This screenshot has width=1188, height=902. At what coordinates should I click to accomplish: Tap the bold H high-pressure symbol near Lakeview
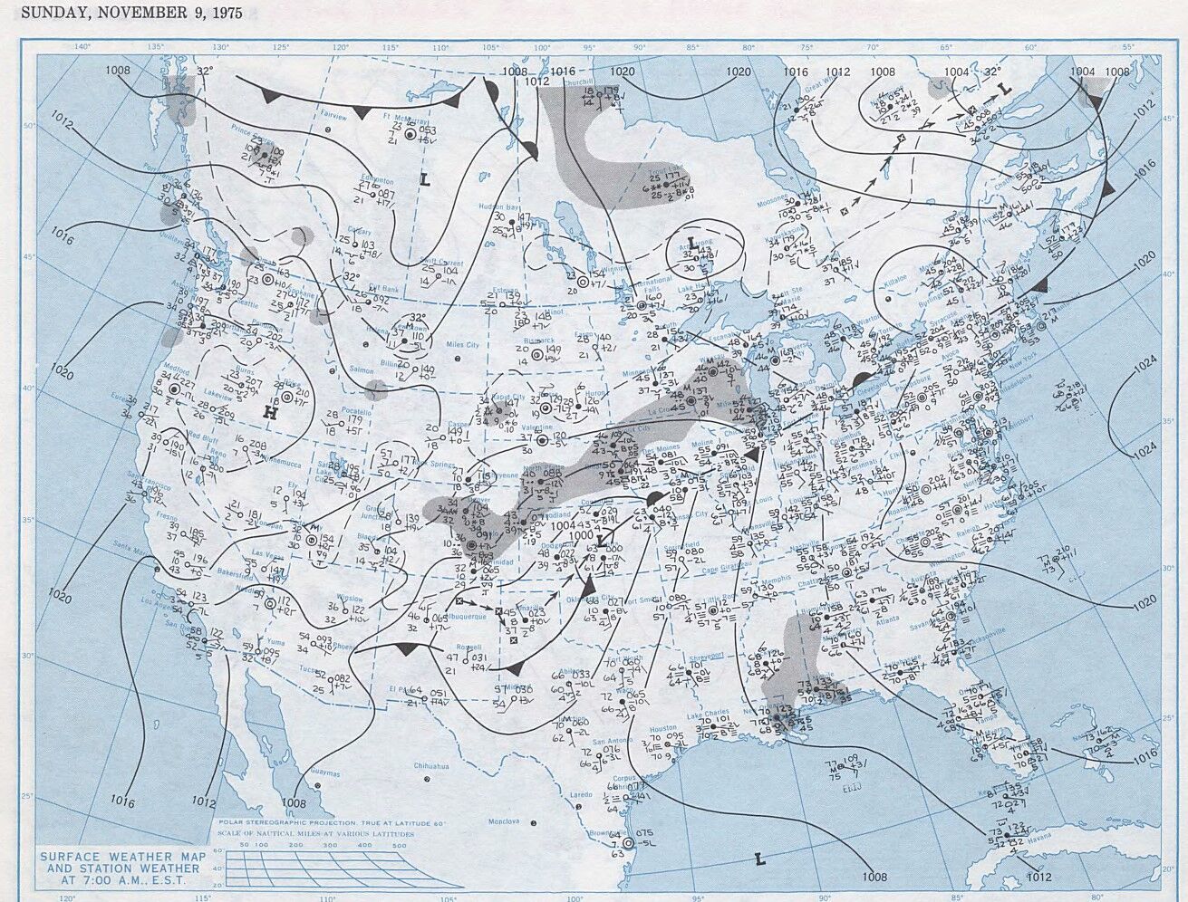pyautogui.click(x=269, y=413)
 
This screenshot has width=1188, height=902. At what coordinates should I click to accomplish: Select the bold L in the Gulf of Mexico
pyautogui.click(x=759, y=859)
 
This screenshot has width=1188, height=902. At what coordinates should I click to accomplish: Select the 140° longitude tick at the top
pyautogui.click(x=82, y=46)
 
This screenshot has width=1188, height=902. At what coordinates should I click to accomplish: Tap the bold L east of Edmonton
pyautogui.click(x=423, y=179)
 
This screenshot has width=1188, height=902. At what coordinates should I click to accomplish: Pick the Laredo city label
pyautogui.click(x=581, y=794)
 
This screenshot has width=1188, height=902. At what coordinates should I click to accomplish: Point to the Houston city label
pyautogui.click(x=662, y=728)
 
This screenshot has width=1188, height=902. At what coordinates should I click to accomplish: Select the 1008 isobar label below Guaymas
pyautogui.click(x=294, y=802)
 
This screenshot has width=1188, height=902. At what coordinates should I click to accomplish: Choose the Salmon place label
pyautogui.click(x=334, y=370)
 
